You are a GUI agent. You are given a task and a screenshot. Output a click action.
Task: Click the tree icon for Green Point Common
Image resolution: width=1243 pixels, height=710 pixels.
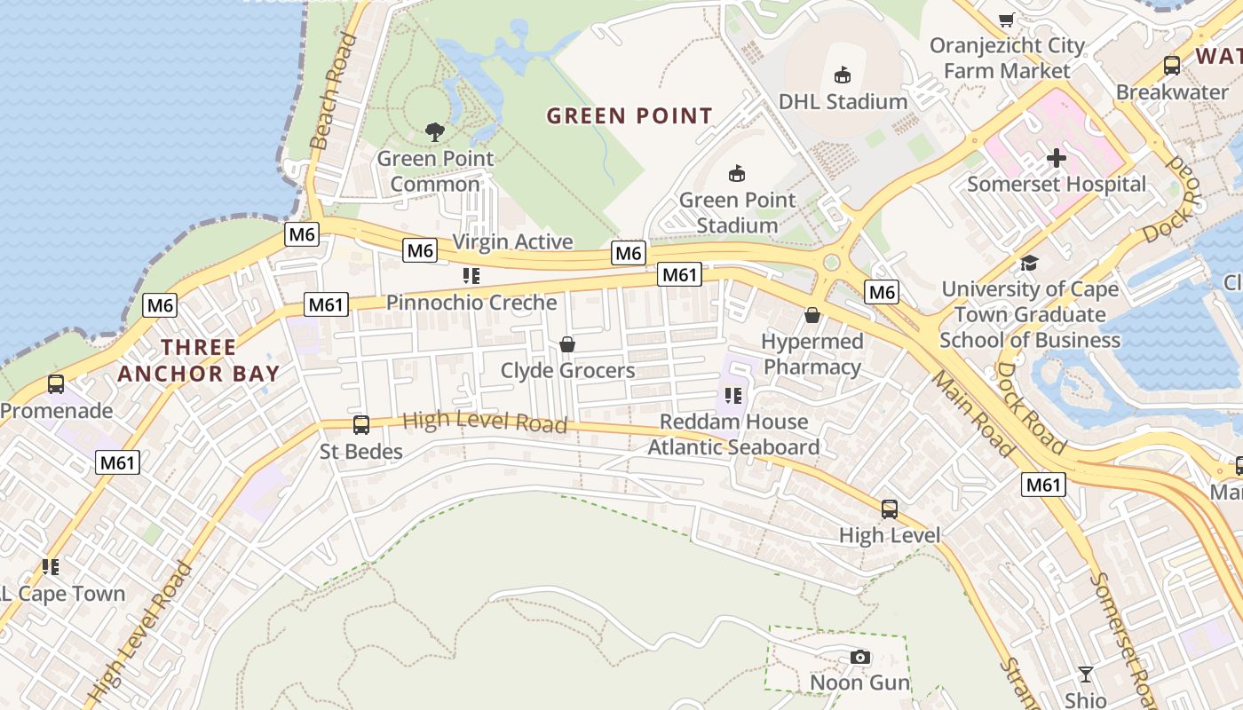click(435, 132)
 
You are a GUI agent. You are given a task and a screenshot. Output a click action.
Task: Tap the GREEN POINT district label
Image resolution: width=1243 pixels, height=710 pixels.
click(629, 116)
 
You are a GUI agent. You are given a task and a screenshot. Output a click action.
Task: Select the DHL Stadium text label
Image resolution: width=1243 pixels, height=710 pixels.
click(843, 101)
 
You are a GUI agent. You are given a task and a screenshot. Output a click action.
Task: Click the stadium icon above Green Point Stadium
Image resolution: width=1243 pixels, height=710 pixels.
click(736, 173)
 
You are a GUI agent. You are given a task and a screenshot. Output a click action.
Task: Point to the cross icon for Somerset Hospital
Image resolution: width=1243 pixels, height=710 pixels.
click(1056, 158)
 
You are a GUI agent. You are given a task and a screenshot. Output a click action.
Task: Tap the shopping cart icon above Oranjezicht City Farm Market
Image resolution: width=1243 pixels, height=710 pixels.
click(1007, 20)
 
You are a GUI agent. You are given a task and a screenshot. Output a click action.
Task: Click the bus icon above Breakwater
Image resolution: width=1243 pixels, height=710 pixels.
click(1171, 65)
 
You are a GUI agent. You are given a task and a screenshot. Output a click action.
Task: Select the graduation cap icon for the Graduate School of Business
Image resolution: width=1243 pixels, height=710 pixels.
click(1029, 263)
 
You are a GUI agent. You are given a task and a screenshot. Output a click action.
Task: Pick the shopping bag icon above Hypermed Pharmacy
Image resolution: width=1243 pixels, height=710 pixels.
click(812, 315)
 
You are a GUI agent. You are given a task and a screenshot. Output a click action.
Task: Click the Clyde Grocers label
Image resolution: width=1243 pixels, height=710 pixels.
click(567, 370)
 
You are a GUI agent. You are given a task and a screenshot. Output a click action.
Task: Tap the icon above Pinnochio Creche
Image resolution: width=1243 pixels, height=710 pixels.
click(471, 276)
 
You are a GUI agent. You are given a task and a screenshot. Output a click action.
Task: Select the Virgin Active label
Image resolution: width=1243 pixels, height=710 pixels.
click(512, 241)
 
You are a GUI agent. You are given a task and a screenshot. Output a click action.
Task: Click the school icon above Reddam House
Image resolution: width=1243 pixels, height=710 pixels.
click(732, 395)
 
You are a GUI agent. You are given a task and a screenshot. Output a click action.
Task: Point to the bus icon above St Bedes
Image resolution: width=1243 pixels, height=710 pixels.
click(361, 425)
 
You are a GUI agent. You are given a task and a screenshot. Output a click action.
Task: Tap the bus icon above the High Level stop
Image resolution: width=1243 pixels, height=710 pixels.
click(890, 509)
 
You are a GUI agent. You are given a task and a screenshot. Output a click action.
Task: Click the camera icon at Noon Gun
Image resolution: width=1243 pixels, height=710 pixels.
click(859, 657)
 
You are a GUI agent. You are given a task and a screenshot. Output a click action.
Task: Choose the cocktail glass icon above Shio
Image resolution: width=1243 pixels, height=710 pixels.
click(1085, 674)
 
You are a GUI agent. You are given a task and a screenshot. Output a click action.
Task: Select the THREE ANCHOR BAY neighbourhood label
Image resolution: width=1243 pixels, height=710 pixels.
click(199, 360)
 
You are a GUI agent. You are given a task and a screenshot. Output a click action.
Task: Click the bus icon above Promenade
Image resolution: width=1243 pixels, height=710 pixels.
click(56, 384)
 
